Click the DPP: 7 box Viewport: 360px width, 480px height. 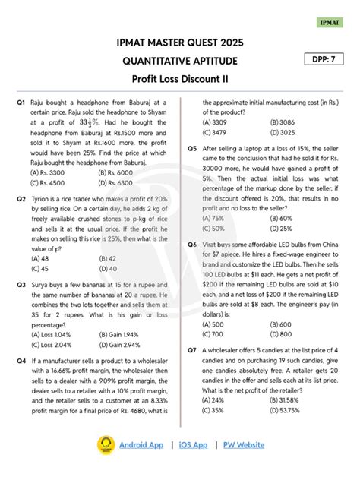pyautogui.click(x=326, y=59)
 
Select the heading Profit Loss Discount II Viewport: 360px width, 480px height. pyautogui.click(x=180, y=79)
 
